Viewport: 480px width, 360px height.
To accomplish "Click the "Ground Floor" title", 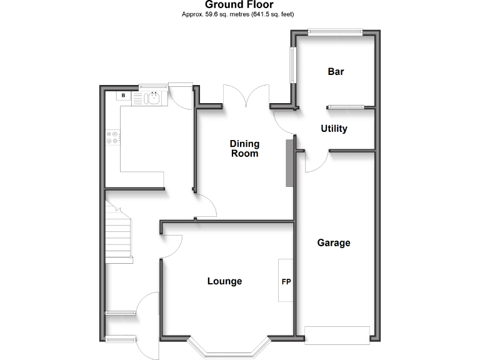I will [x=239, y=4].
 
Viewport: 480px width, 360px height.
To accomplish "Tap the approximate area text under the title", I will [x=239, y=14].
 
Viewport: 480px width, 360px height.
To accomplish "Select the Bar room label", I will [x=336, y=71].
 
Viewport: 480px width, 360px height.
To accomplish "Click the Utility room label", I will [x=334, y=129].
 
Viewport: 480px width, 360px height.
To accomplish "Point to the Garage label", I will [x=333, y=242].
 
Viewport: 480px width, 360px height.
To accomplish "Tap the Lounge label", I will [x=224, y=281].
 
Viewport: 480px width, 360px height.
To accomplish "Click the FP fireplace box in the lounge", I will [x=286, y=281].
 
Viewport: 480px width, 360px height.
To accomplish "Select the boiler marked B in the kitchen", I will [x=124, y=96].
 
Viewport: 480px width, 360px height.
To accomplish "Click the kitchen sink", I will [x=152, y=97].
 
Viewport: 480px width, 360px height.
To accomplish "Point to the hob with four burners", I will [x=113, y=137].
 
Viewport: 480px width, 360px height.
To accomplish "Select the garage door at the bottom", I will [x=336, y=334].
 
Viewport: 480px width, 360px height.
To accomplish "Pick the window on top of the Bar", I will [x=335, y=31].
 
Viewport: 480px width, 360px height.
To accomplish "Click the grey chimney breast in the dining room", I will [x=289, y=162].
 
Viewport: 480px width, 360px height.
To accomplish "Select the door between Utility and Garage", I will [x=316, y=161].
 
